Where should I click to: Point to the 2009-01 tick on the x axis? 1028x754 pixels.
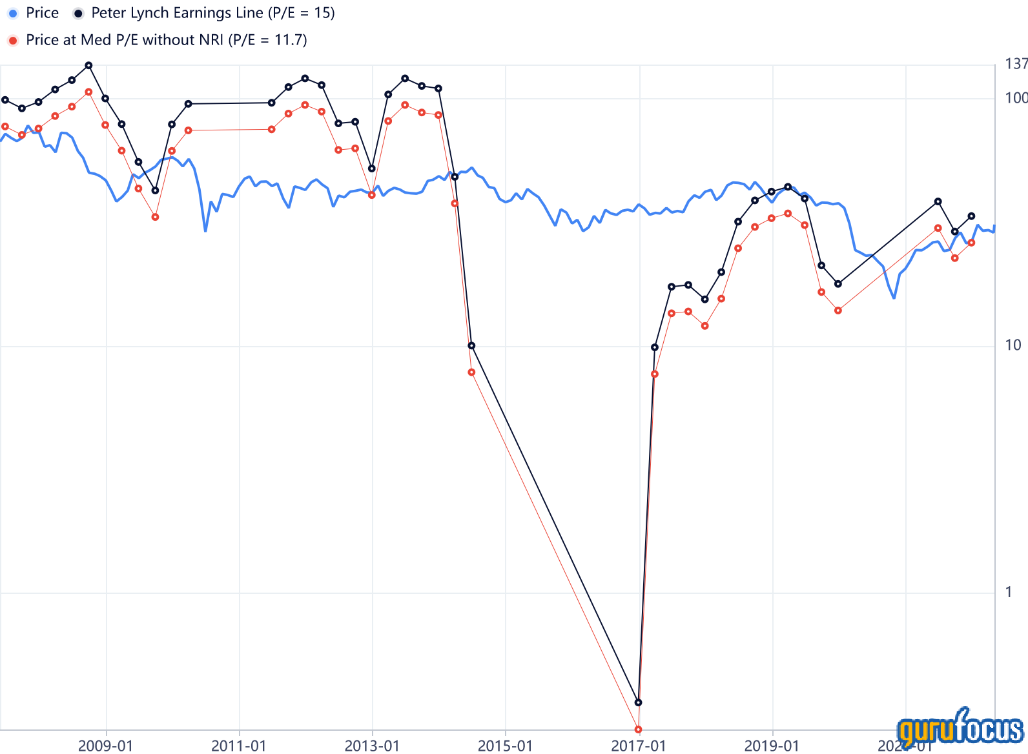click(105, 746)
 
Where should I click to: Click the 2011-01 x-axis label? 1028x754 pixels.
click(239, 746)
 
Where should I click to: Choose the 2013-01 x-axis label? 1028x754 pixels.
click(372, 746)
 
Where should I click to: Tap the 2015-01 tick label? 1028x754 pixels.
click(505, 746)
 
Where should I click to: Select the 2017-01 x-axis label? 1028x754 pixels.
click(639, 746)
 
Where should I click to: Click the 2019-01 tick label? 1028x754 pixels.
click(772, 746)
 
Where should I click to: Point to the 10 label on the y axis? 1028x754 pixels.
click(1013, 345)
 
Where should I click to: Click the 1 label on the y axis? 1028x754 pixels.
click(1009, 592)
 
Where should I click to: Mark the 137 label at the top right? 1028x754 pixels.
click(1016, 64)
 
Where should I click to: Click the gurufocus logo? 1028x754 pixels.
click(960, 729)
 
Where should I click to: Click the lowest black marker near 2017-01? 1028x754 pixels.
click(638, 702)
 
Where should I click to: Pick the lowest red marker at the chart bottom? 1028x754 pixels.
click(638, 729)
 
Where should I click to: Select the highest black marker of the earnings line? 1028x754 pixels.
click(88, 65)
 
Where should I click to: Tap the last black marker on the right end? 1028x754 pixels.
click(971, 216)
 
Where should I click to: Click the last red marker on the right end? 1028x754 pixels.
click(971, 243)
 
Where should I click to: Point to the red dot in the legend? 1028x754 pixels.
click(13, 41)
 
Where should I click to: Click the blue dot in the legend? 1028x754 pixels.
click(13, 14)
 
